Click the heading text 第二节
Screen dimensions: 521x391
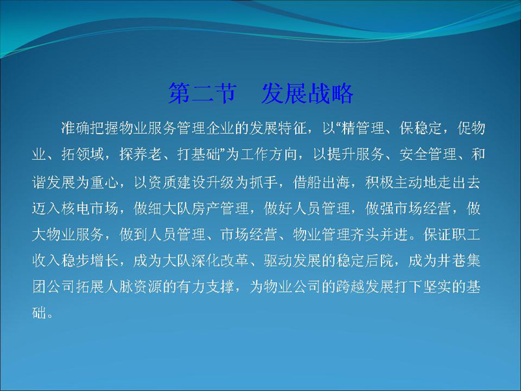coord(203,93)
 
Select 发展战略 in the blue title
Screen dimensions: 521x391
coord(307,93)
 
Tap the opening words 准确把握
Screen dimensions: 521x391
coord(90,128)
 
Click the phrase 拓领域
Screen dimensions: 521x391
coord(83,154)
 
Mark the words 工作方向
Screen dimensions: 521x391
coord(268,154)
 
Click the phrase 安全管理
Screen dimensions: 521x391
coord(428,154)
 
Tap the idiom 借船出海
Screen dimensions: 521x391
coord(321,182)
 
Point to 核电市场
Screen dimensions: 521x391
coord(90,209)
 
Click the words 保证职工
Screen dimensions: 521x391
coord(452,235)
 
